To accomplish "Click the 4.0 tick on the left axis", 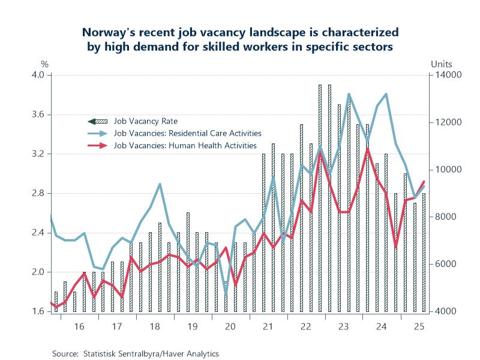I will (x=38, y=75).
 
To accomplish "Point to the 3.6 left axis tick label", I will (x=38, y=115).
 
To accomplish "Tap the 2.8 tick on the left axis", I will (x=38, y=193).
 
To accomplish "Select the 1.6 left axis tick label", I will (x=38, y=311).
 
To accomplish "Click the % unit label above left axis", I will (x=44, y=64).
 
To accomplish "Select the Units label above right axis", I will (x=442, y=64).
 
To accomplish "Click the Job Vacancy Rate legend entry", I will (x=142, y=121).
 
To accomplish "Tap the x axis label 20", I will (x=230, y=326).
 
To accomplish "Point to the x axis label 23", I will (x=344, y=326).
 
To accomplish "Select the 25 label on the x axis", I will (x=419, y=326).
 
